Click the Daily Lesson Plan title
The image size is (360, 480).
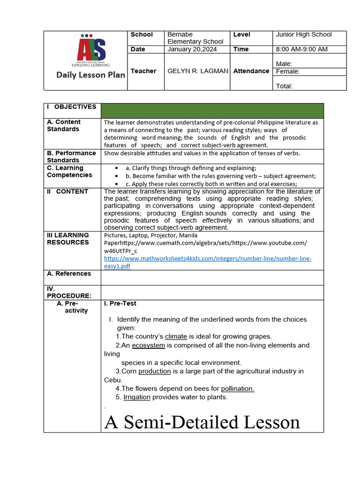tap(91, 75)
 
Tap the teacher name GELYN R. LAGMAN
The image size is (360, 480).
tap(198, 71)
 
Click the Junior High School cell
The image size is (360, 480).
tap(303, 35)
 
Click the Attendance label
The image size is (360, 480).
tap(251, 71)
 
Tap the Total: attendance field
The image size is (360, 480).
tap(284, 86)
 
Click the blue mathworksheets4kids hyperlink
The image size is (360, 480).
tap(208, 262)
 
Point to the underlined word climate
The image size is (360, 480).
tap(176, 337)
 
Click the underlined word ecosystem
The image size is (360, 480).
tap(148, 345)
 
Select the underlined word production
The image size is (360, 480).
tap(154, 371)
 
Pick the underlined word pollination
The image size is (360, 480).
tap(237, 389)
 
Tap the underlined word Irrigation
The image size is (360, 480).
tap(137, 397)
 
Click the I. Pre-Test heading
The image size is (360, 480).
tap(120, 304)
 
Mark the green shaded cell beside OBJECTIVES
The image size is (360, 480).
tap(212, 111)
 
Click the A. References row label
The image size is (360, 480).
tap(69, 274)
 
